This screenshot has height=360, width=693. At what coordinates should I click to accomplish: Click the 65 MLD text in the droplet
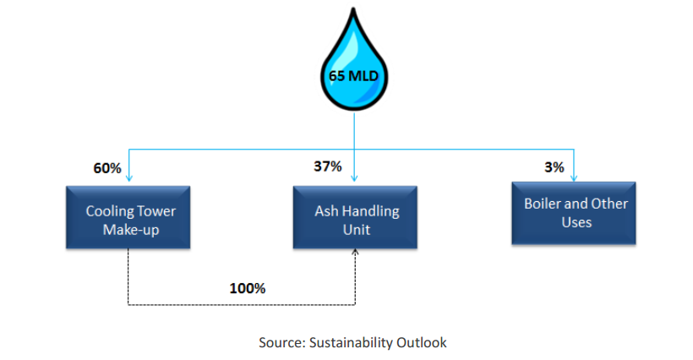pyautogui.click(x=353, y=76)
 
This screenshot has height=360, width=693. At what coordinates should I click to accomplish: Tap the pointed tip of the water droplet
pyautogui.click(x=353, y=8)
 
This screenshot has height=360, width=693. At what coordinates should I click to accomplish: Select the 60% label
pyautogui.click(x=107, y=168)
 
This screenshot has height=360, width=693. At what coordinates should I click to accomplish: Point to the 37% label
pyautogui.click(x=328, y=166)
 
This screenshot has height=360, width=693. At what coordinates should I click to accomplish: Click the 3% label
pyautogui.click(x=554, y=167)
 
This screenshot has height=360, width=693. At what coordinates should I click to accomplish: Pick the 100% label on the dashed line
pyautogui.click(x=248, y=288)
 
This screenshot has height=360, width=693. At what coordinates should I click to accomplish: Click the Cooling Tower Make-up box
pyautogui.click(x=128, y=217)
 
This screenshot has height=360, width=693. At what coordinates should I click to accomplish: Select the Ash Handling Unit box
pyautogui.click(x=355, y=217)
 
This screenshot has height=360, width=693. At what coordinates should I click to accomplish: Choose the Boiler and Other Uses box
pyautogui.click(x=574, y=213)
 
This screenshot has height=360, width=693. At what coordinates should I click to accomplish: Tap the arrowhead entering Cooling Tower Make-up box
pyautogui.click(x=129, y=178)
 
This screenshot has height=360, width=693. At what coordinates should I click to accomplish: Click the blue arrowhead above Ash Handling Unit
pyautogui.click(x=354, y=178)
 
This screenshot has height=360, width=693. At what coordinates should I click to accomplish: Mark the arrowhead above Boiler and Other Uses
pyautogui.click(x=574, y=178)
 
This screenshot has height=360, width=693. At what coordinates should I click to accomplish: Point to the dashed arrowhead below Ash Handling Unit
pyautogui.click(x=355, y=252)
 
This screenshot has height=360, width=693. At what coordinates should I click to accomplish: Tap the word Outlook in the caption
pyautogui.click(x=422, y=343)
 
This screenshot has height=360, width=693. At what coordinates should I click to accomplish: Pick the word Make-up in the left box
pyautogui.click(x=131, y=230)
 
